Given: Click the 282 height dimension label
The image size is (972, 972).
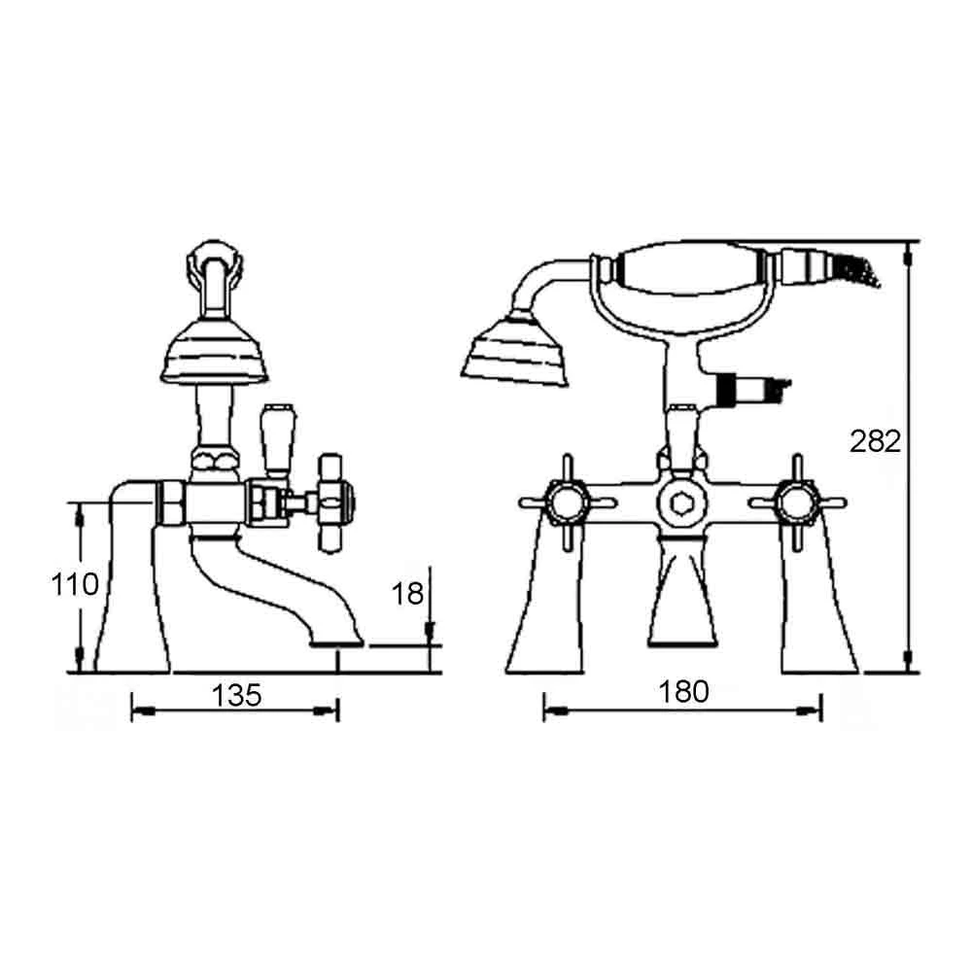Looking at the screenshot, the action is [x=875, y=442].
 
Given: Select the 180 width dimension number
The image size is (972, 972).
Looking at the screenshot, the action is [x=683, y=691].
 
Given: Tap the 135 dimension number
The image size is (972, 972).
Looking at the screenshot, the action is [x=236, y=696].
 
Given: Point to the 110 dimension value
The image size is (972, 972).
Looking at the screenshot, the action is [x=75, y=584].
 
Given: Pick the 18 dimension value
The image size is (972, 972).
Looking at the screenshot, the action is [x=407, y=594].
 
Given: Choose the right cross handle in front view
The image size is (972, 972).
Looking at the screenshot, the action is [x=797, y=503].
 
